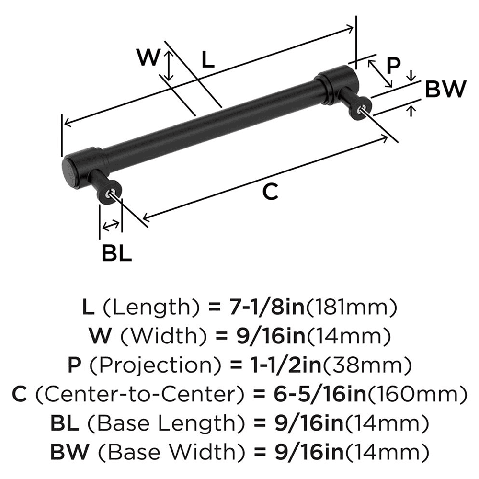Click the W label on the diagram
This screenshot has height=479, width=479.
(x=148, y=58)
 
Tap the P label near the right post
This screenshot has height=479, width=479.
(x=393, y=66)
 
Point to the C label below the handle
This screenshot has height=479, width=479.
(x=270, y=192)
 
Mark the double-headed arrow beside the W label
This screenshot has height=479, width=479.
(x=168, y=66)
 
